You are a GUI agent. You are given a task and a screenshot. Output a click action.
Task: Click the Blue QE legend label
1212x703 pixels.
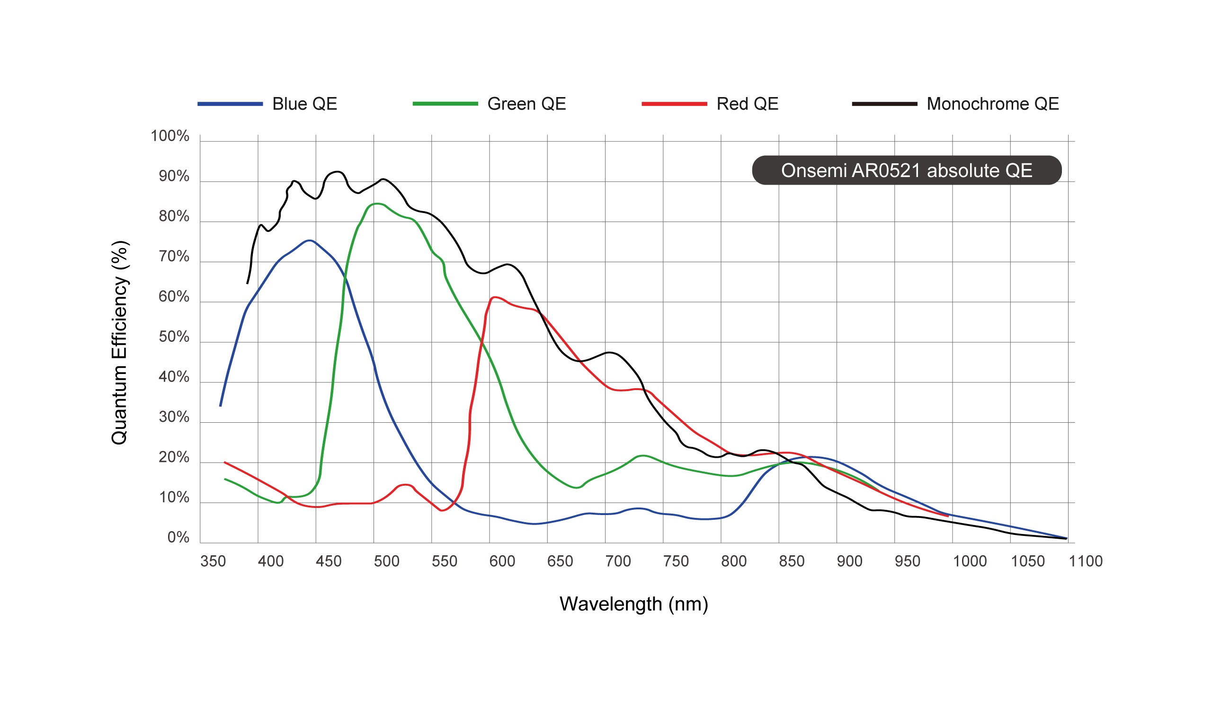(304, 104)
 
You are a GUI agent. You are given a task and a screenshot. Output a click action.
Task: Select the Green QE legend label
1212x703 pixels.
(526, 104)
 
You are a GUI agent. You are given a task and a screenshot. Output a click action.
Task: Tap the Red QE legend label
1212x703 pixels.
(748, 104)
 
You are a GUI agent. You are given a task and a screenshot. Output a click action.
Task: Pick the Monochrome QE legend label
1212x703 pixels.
(993, 104)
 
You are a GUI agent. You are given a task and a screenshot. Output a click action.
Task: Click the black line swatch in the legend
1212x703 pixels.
(884, 104)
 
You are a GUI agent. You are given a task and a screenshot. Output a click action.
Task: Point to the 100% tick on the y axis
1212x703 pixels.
(170, 136)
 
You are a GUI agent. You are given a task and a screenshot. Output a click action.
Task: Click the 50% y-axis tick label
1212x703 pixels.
(174, 337)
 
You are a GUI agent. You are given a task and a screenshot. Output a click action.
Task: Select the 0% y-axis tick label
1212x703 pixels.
(178, 538)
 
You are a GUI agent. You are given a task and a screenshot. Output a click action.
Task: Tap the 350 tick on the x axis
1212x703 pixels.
(213, 561)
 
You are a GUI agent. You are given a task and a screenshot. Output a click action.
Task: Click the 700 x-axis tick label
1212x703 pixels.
(618, 561)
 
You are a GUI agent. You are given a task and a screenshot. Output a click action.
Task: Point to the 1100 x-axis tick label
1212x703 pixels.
(1086, 561)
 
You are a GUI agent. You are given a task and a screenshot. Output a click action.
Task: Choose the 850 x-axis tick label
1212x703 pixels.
(792, 561)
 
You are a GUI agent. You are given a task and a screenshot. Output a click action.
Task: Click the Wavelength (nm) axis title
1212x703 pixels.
(633, 604)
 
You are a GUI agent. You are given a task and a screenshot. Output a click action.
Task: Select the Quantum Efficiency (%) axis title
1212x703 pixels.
(119, 342)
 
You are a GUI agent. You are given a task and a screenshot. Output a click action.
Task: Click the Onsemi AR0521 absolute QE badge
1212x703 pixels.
(907, 170)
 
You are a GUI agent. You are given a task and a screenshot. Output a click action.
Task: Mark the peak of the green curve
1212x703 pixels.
(378, 204)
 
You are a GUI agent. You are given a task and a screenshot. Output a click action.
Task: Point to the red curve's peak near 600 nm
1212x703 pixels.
(495, 298)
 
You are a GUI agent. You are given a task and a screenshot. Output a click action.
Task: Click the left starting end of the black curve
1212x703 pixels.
(248, 284)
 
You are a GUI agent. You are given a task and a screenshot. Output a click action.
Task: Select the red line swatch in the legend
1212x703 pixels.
(674, 104)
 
